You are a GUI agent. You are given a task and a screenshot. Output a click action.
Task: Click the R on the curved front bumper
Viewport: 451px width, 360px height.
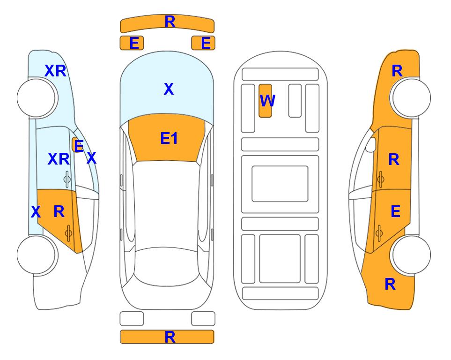pos(170,22)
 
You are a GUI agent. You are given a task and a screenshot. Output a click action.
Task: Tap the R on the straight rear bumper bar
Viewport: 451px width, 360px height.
pos(170,337)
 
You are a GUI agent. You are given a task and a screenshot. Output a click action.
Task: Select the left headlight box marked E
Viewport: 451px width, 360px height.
pos(132,43)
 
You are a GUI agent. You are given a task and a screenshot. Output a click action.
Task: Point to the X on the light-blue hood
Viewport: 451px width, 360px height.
pos(169,89)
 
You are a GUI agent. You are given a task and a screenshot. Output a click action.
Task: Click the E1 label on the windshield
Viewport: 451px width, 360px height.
pos(169,138)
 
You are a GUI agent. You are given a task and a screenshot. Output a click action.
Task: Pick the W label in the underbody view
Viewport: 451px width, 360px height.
pos(267,101)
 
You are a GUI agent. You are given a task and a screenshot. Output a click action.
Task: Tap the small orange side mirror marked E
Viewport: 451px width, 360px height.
pos(77,145)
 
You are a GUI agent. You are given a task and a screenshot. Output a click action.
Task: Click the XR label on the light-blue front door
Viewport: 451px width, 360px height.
pos(59,159)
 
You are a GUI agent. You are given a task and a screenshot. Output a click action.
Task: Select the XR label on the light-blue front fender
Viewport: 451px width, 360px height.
pos(56,71)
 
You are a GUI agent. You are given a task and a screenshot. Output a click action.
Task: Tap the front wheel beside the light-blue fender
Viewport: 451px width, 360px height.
pos(36,97)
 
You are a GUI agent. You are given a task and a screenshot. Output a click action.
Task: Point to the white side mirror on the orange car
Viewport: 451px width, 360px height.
pos(371,144)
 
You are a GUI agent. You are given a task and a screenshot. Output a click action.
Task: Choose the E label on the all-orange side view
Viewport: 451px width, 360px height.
pos(395,211)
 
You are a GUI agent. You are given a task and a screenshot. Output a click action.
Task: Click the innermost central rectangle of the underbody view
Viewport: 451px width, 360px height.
pos(280,184)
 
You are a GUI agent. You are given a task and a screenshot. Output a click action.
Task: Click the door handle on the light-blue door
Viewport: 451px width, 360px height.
pos(67,180)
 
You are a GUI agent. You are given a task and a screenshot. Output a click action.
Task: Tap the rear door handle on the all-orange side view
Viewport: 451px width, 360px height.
pos(379,233)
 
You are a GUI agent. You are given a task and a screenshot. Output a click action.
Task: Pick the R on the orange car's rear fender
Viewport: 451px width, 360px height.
pos(390,284)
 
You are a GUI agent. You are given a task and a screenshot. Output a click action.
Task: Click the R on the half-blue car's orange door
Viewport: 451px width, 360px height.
pos(59,212)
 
